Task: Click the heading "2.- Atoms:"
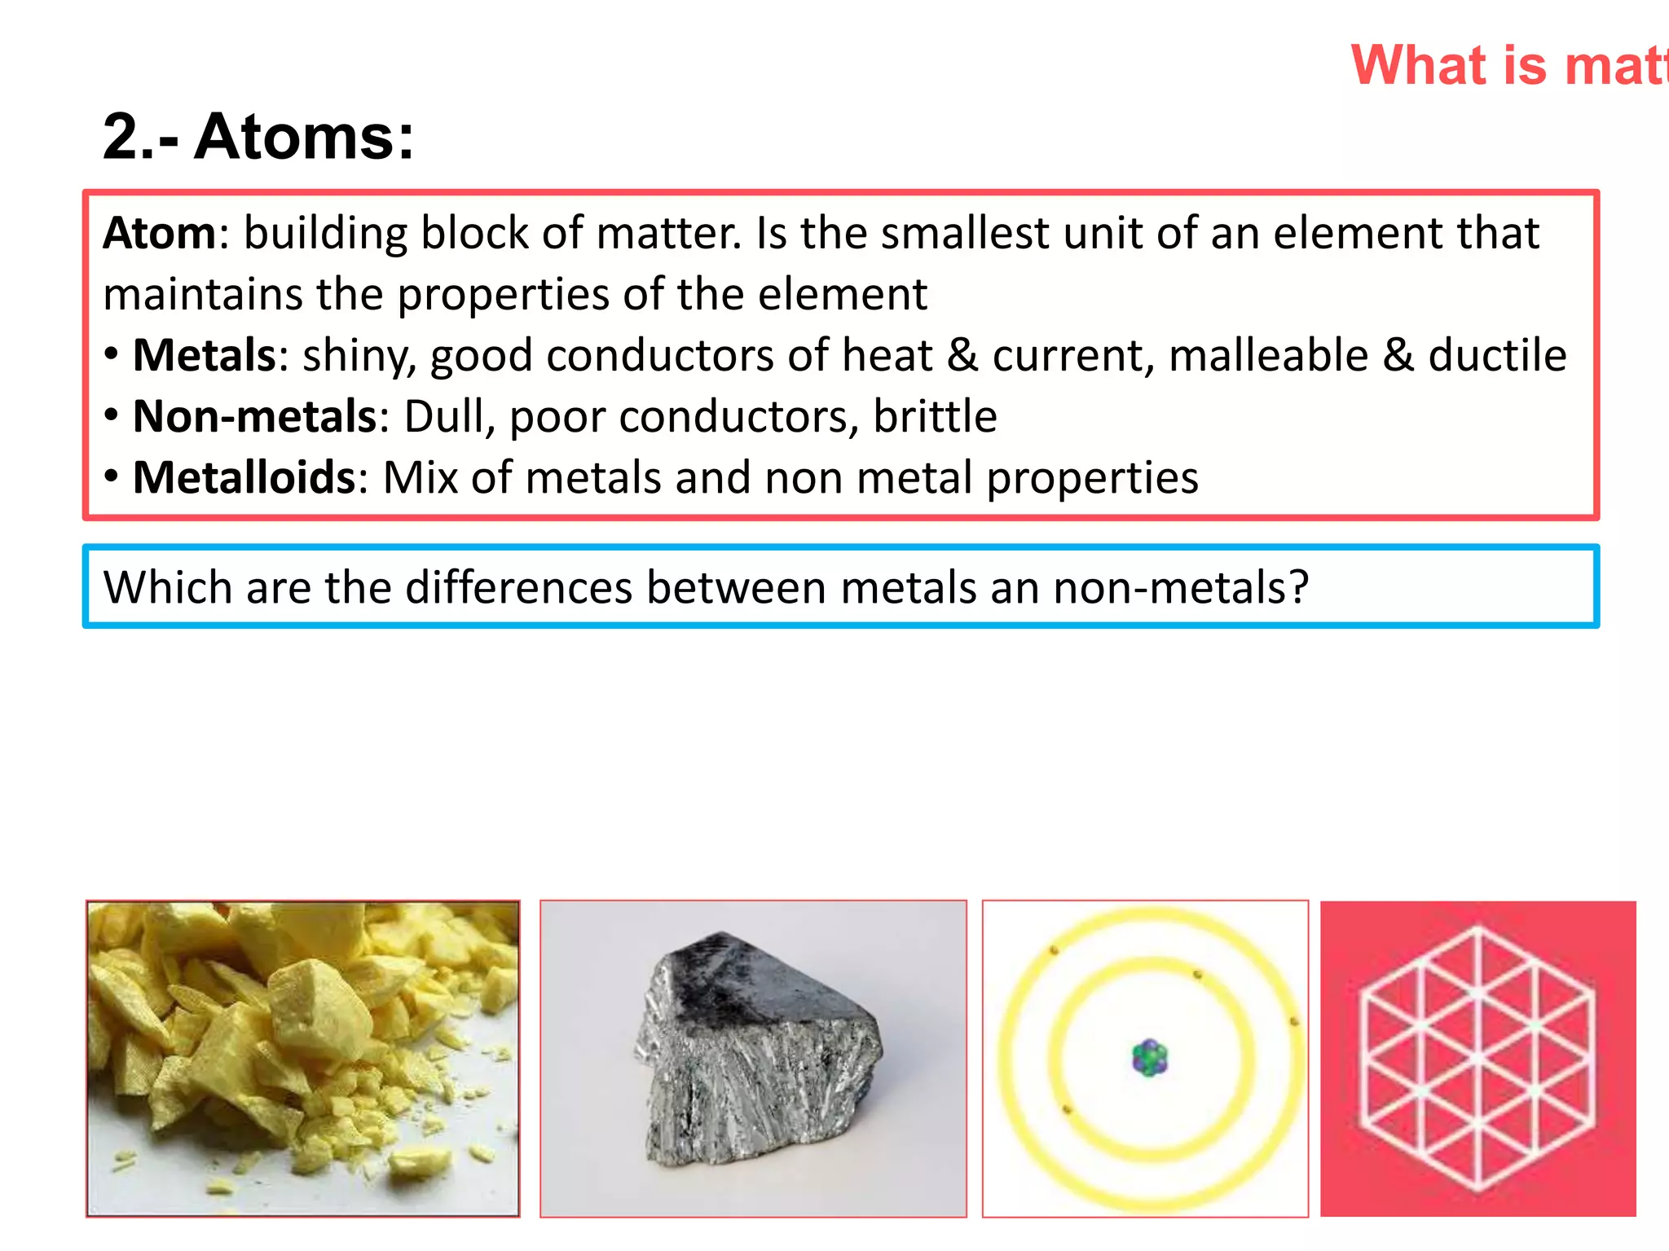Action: point(258,136)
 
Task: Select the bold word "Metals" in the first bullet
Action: point(205,355)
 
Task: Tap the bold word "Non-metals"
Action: point(254,416)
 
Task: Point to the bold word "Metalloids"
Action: point(244,477)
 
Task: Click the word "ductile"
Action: point(1497,355)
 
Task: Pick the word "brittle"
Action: point(935,416)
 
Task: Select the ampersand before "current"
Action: point(962,355)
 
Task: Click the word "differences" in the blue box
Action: point(518,587)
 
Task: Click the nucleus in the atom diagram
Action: point(1150,1058)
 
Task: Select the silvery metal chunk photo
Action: point(755,1059)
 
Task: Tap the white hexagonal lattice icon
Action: point(1477,1059)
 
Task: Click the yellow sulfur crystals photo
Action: point(303,1059)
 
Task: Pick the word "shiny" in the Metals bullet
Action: point(359,357)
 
